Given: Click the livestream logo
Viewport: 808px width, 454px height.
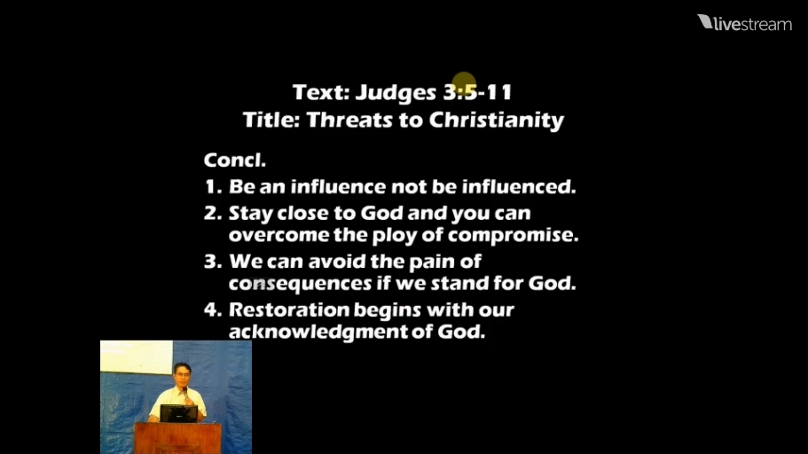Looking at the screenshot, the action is click(745, 23).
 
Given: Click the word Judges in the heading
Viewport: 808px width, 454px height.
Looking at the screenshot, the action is click(396, 93).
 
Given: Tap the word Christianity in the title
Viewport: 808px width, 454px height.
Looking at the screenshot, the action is click(496, 120).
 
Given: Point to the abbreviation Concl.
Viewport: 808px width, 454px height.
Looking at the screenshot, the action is click(234, 160).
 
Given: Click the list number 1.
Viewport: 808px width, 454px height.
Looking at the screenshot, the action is click(213, 186).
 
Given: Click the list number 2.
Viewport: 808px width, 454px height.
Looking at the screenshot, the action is click(213, 213).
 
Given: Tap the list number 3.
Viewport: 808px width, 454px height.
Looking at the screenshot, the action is click(213, 262).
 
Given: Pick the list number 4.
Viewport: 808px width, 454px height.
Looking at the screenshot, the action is click(213, 309).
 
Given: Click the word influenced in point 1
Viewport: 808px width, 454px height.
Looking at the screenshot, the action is click(518, 186).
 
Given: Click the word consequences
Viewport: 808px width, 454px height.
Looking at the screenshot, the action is click(300, 284).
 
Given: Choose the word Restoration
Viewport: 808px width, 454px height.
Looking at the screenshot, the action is click(289, 309).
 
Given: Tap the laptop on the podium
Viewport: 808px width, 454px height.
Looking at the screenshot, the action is click(178, 413).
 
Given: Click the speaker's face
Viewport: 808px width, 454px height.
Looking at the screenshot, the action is click(182, 375).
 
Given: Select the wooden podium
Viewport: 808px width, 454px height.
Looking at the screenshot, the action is click(178, 437).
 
